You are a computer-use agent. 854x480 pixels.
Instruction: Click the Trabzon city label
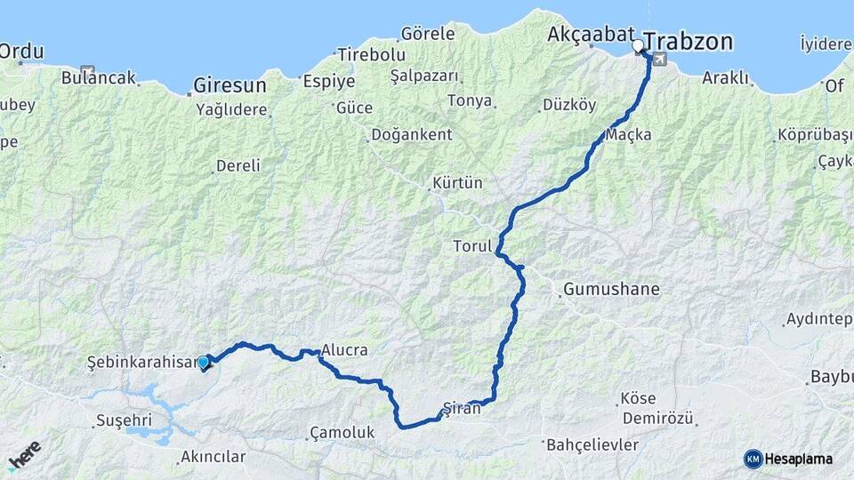point(689,42)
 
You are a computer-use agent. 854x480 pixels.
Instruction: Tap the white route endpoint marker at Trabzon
point(638,45)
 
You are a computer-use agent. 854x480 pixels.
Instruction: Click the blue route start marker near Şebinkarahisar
point(204,362)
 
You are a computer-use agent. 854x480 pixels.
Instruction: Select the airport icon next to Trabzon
point(659,60)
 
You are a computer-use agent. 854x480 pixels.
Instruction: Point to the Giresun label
point(230,86)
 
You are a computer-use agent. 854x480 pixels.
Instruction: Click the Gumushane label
point(611,289)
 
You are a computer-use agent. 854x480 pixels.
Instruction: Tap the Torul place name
point(472,246)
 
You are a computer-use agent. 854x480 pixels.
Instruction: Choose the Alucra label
point(344,350)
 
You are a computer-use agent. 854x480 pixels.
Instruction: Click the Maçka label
point(629,135)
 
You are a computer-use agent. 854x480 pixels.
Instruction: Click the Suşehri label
point(124,419)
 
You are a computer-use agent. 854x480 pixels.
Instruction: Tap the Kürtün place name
point(457,183)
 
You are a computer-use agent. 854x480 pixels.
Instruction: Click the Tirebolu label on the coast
point(371,54)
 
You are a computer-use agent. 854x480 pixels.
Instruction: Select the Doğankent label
point(411,134)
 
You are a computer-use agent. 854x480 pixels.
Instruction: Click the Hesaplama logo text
point(798,459)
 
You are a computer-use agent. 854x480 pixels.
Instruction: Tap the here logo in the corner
point(24,454)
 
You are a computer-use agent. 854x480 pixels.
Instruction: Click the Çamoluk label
point(342,432)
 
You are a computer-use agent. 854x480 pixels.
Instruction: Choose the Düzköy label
point(569,105)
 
